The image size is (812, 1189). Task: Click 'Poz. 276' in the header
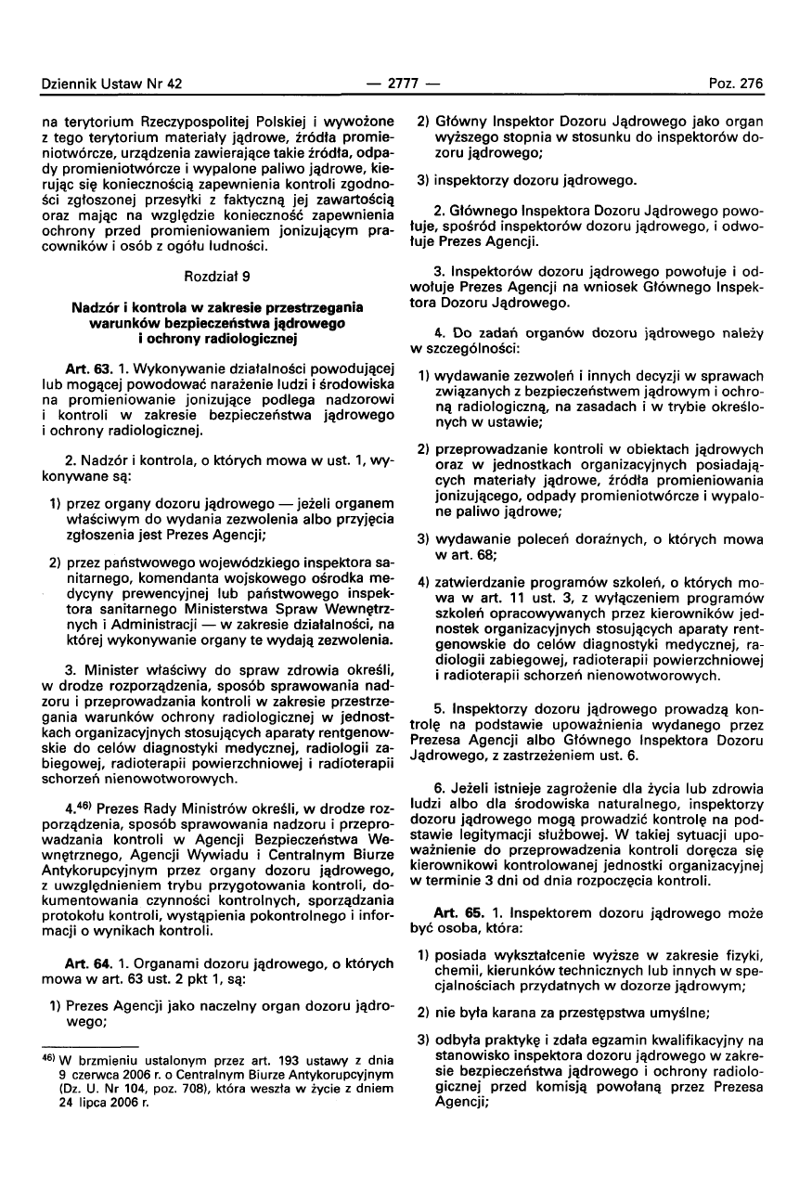pos(739,84)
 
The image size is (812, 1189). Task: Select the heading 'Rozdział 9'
pos(213,277)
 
